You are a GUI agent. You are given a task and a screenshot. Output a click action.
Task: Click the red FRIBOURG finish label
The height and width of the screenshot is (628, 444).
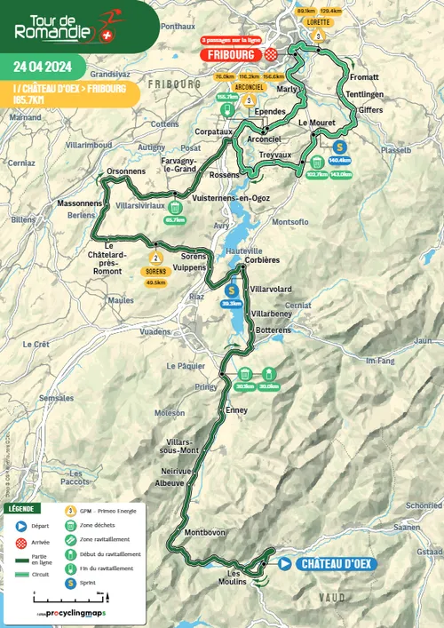tap(234, 53)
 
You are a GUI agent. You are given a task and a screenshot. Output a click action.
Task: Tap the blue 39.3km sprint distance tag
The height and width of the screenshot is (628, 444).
tap(232, 303)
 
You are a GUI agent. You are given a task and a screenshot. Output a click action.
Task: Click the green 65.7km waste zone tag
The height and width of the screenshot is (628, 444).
tap(175, 219)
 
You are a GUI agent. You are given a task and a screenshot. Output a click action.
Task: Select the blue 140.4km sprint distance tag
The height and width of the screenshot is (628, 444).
tap(339, 161)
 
